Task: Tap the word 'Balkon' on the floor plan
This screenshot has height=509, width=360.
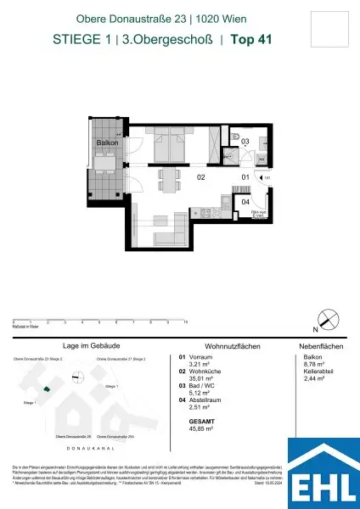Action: click(106, 143)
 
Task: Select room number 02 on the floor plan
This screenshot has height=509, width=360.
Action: click(201, 179)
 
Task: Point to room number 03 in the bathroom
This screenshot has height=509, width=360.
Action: click(245, 142)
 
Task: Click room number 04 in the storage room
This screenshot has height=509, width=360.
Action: click(245, 202)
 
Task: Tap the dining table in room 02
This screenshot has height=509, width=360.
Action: click(167, 178)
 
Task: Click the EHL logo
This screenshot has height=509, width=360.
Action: click(323, 473)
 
